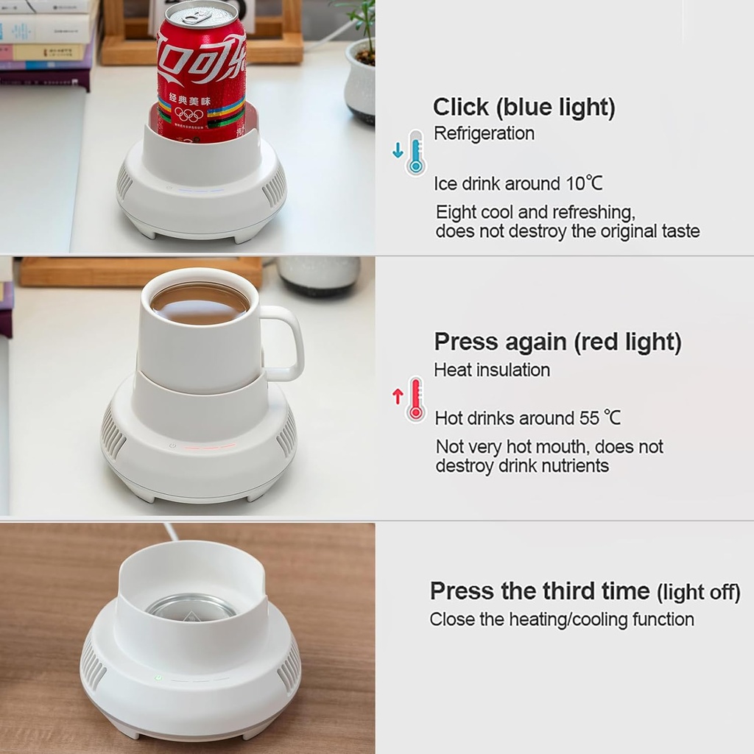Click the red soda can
click(x=200, y=74)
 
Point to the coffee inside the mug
click(x=200, y=302)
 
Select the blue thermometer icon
click(x=415, y=152)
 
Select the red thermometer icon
click(x=415, y=398)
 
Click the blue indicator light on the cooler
click(x=199, y=189)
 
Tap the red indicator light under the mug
click(x=210, y=446)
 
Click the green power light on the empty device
click(x=158, y=677)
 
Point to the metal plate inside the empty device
click(x=191, y=608)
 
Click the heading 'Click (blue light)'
click(x=524, y=108)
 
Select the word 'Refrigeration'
click(x=484, y=133)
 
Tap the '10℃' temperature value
click(x=584, y=183)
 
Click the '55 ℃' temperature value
click(x=600, y=418)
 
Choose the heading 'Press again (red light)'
click(x=557, y=342)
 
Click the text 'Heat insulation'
click(x=492, y=370)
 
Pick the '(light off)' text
click(x=698, y=592)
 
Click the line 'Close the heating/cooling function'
click(x=562, y=619)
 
